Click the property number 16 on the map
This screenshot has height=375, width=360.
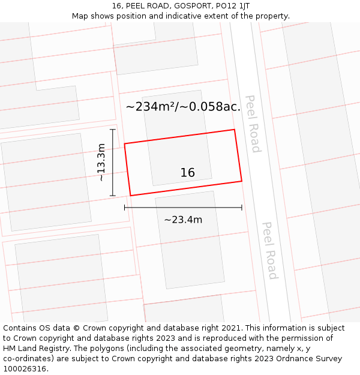coord(188,173)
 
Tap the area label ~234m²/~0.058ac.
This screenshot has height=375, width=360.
coord(183,107)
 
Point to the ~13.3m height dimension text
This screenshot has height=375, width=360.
coord(101,162)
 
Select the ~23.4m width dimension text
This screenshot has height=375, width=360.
coord(183,220)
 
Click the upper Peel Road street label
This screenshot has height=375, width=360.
coord(253,124)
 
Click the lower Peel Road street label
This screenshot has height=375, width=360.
coord(270,251)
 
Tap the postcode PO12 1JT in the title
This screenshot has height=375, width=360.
coord(232,5)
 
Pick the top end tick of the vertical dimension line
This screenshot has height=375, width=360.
coord(113,129)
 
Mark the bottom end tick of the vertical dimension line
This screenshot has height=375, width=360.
coord(113,196)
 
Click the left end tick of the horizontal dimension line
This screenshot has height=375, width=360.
coord(125,208)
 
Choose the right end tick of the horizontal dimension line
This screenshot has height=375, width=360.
coord(242,208)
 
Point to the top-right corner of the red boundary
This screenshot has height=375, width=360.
coord(234,130)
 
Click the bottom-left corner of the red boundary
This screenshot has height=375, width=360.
coord(131,196)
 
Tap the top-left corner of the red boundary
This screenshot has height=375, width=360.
coord(125,144)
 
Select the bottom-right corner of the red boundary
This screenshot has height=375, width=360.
coord(242,181)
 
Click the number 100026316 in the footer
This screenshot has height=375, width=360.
coord(25,369)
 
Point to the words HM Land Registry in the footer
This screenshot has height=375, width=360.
coord(35,349)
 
